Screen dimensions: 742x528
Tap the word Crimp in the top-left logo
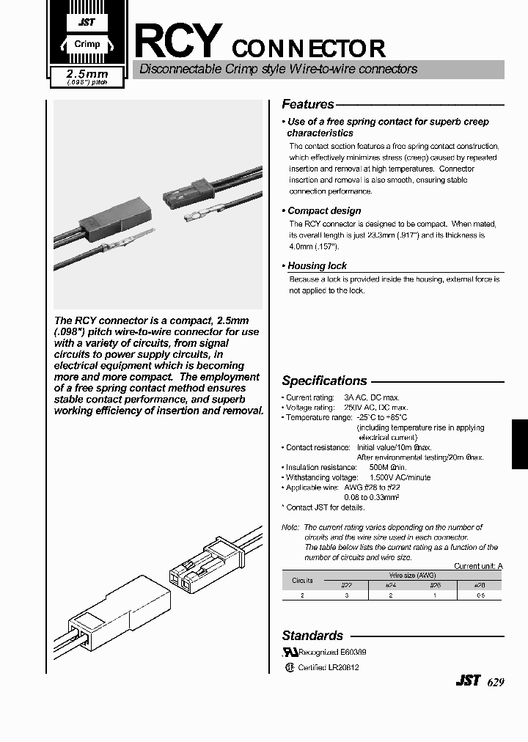[87, 44]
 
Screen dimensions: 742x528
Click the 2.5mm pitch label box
[87, 77]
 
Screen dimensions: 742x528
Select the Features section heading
[308, 104]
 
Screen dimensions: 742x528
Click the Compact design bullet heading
[324, 210]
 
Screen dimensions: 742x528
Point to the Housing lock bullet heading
[317, 265]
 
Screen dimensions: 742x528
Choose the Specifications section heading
[324, 381]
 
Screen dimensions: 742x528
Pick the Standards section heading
[312, 636]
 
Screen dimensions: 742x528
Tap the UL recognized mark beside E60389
[290, 651]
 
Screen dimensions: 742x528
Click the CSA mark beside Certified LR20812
[289, 667]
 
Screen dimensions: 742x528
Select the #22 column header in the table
[346, 585]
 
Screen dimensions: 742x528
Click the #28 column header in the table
[480, 585]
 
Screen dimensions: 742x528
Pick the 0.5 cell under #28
[480, 596]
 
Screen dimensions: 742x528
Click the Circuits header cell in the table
[302, 580]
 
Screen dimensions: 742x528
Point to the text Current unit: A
[478, 566]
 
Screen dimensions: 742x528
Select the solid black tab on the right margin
[518, 444]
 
